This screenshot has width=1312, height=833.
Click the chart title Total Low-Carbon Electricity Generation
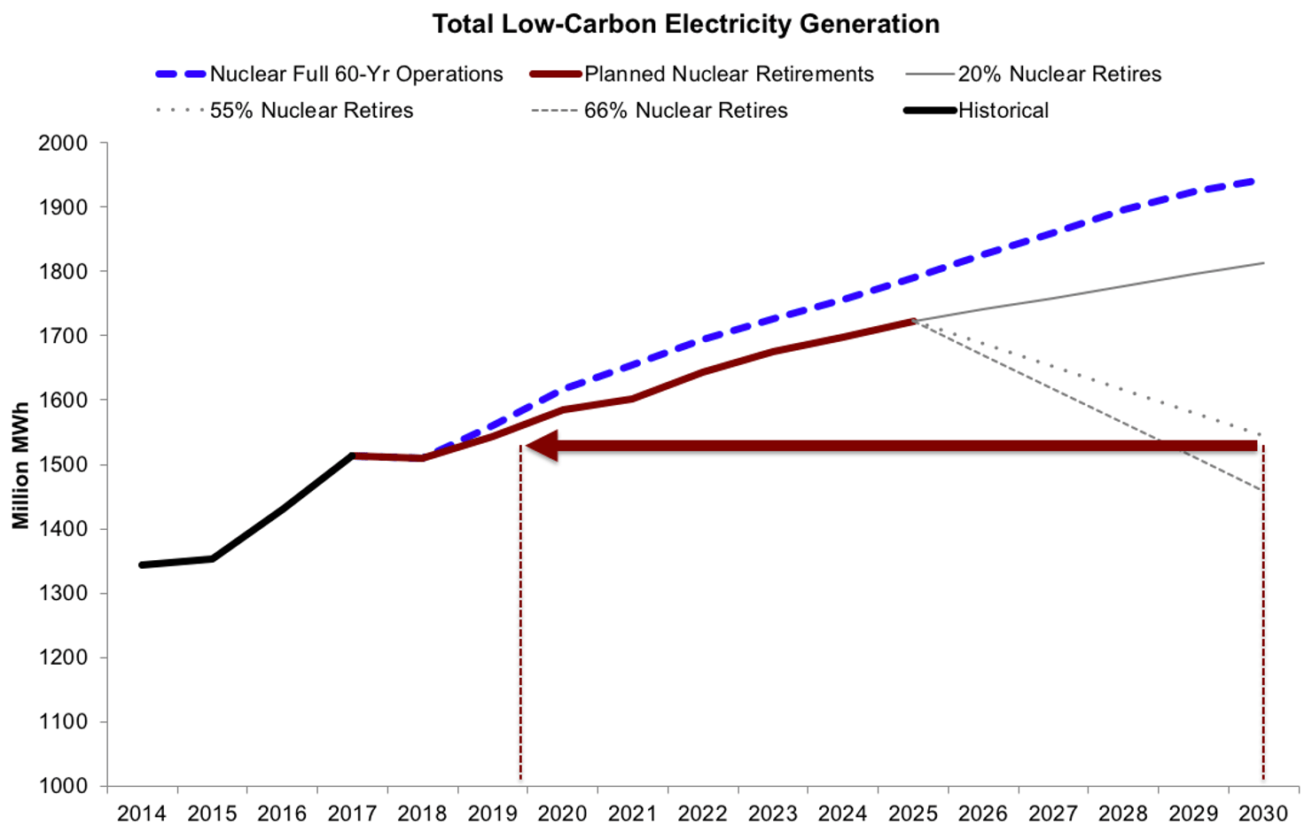point(685,24)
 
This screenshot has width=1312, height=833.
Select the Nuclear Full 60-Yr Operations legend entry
point(355,74)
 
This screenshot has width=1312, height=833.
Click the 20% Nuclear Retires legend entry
point(1058,74)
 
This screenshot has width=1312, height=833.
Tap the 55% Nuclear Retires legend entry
point(311,111)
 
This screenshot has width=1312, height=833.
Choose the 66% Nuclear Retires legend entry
point(685,111)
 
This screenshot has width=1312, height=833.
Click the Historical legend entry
point(1003,111)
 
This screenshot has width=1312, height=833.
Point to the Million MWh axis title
point(21,465)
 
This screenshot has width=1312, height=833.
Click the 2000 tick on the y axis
point(63,144)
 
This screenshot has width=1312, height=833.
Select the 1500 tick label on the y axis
point(63,465)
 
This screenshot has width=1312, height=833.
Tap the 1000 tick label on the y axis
point(63,786)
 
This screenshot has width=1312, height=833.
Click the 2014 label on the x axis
point(142,814)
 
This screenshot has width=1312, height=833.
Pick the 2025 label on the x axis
point(913,814)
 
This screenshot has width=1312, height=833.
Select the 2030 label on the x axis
point(1263,814)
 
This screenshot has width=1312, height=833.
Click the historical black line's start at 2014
point(143,564)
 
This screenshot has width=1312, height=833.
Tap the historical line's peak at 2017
point(353,455)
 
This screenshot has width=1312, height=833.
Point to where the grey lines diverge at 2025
point(913,321)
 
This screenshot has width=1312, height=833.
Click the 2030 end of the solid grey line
point(1263,263)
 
